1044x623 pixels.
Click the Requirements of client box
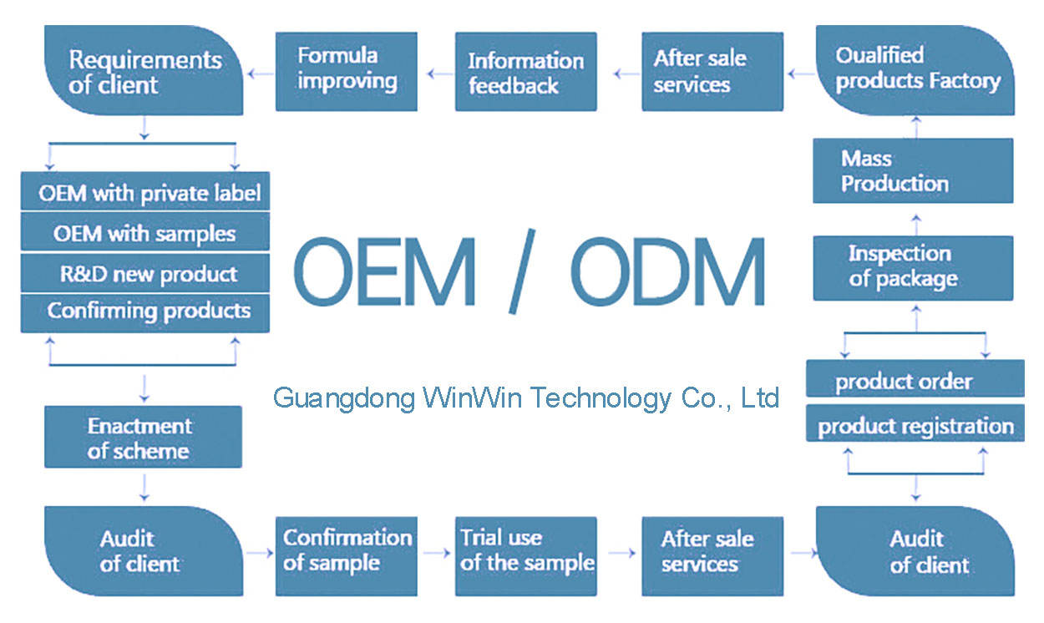tap(143, 72)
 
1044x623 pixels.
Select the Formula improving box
tap(347, 71)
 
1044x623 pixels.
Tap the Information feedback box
tap(525, 72)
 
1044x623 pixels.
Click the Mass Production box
tap(913, 171)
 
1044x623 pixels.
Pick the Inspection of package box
tap(913, 267)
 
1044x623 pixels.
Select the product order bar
tap(915, 381)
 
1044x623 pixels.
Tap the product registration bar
tap(915, 425)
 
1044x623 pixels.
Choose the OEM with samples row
tap(146, 233)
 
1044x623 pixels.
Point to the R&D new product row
tap(146, 274)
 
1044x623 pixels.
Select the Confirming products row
tap(146, 311)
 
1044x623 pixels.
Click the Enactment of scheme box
tap(143, 437)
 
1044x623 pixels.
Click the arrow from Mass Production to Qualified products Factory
tap(915, 127)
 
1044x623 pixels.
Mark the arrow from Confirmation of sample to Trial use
tap(436, 552)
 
